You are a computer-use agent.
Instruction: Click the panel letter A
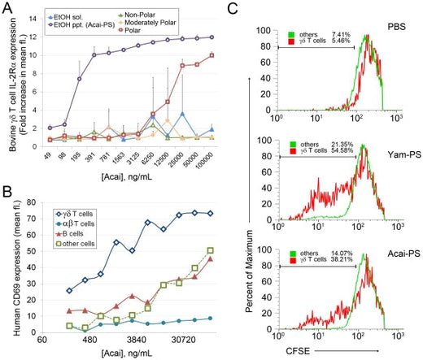pos(7,7)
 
